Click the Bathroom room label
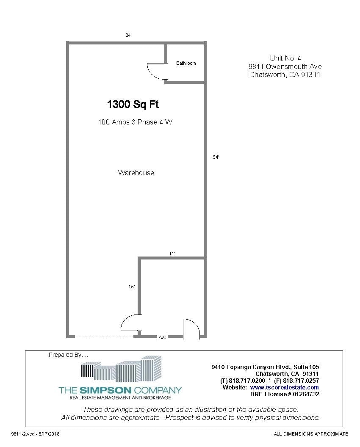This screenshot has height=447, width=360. tap(186, 63)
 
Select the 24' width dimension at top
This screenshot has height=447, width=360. tap(128, 35)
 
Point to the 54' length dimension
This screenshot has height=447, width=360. tap(216, 157)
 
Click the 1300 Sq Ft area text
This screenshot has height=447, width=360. tap(133, 104)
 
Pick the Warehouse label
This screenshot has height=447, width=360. tap(136, 173)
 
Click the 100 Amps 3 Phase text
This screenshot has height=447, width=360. tap(135, 122)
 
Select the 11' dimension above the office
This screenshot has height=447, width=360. tap(172, 253)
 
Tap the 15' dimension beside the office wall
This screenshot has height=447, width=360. tap(132, 287)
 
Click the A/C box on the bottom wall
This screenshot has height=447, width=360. tap(163, 337)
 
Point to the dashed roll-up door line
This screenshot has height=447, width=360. tap(104, 337)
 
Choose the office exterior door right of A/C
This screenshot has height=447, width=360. tap(191, 328)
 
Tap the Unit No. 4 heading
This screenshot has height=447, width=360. tap(285, 58)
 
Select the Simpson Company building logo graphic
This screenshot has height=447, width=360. tap(121, 369)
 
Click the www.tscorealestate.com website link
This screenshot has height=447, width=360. tap(284, 387)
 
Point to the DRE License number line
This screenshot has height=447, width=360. tap(285, 394)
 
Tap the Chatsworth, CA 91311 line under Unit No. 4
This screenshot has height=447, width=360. tap(285, 75)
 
